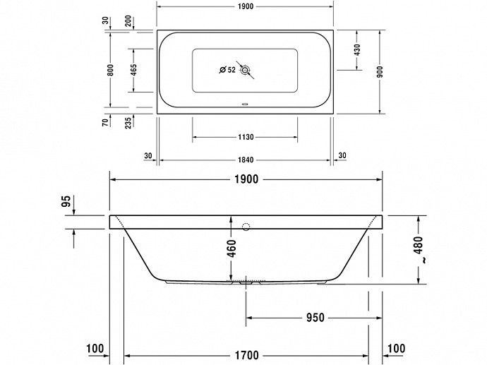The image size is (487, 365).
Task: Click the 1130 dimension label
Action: click(x=246, y=137)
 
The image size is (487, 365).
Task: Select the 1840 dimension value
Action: click(x=246, y=160)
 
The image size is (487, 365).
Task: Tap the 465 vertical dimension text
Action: click(x=133, y=70)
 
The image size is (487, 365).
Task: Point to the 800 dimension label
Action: click(x=111, y=70)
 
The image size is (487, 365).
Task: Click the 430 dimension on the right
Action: click(x=357, y=49)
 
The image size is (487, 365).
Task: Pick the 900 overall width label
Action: click(x=380, y=72)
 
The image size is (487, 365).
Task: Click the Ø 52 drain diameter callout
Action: click(x=228, y=70)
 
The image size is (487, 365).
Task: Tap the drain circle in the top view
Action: click(x=245, y=70)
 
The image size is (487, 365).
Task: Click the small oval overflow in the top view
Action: click(x=245, y=104)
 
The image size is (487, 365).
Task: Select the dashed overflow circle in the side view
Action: click(x=246, y=227)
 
